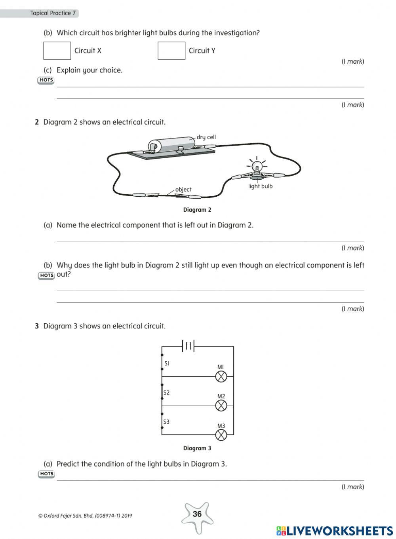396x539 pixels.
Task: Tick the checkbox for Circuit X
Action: point(57,51)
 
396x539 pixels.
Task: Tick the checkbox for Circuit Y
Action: point(171,51)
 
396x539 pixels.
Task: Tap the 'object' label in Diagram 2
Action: point(183,190)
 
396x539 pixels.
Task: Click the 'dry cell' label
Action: point(206,137)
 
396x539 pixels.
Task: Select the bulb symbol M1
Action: point(221,376)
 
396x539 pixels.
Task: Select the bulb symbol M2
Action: point(221,406)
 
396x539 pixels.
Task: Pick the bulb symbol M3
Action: point(221,435)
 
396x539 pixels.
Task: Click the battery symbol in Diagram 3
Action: point(188,346)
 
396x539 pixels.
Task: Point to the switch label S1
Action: point(167,363)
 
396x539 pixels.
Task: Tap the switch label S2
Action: point(167,393)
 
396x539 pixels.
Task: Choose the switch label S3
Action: point(167,422)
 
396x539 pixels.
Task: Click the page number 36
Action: point(197,514)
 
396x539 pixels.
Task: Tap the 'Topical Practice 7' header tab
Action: point(53,13)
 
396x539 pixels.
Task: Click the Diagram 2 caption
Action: point(197,210)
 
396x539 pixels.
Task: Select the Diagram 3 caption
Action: point(197,448)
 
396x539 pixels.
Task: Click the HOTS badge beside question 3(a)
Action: point(46,474)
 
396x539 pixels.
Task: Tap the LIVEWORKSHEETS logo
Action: point(335,531)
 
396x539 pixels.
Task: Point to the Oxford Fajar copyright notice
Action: point(85,516)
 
